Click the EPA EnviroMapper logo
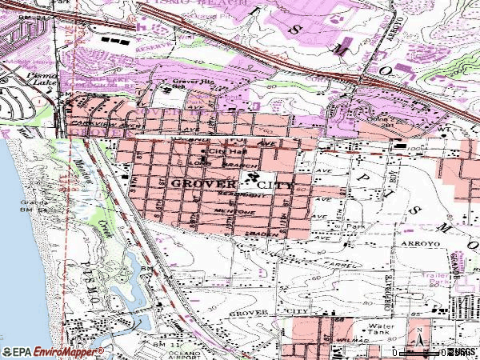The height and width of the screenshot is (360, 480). [x=53, y=351]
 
